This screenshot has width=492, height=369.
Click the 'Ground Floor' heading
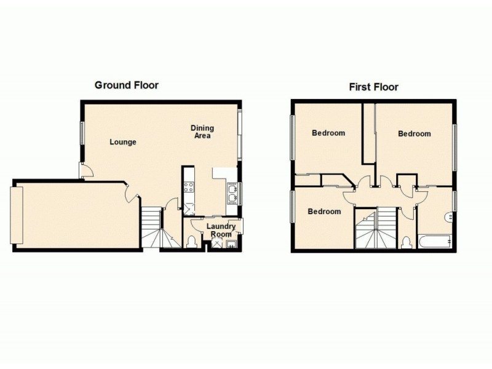click(x=126, y=85)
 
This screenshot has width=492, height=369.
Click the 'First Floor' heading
click(x=373, y=87)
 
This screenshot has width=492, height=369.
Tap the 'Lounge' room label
click(x=123, y=142)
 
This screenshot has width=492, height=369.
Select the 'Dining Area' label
click(x=202, y=132)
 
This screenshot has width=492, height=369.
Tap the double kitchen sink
click(x=232, y=195)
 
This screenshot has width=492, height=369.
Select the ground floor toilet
click(x=191, y=240)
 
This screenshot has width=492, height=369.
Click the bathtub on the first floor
click(x=436, y=241)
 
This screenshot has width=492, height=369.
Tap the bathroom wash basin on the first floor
click(x=451, y=216)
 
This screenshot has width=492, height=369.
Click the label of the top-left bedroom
click(x=328, y=132)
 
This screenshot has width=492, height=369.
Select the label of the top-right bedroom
click(x=414, y=133)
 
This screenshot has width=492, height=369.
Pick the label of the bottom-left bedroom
click(x=324, y=212)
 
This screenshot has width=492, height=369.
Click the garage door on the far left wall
click(x=17, y=215)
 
